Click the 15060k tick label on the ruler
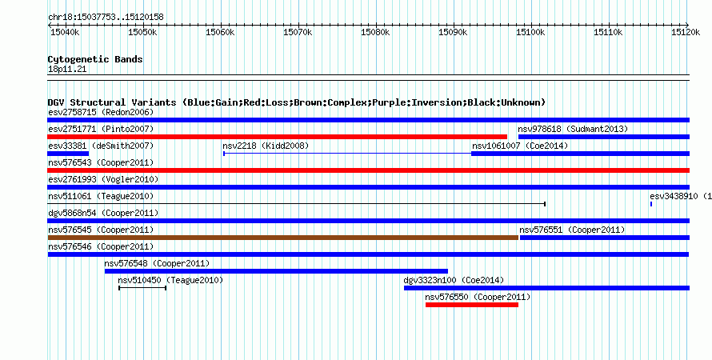(220, 33)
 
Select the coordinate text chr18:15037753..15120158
(106, 18)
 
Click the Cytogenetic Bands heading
(95, 59)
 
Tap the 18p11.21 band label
(67, 70)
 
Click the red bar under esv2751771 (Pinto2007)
(277, 137)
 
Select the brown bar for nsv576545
(283, 238)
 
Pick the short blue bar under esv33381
(68, 154)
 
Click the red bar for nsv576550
(472, 305)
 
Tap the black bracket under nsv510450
(142, 288)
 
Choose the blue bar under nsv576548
(276, 271)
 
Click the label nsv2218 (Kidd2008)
(266, 146)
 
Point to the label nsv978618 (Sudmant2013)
(573, 129)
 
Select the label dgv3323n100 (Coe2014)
(454, 280)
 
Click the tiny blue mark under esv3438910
(651, 204)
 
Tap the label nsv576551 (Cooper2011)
(572, 230)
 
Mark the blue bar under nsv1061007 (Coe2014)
(580, 154)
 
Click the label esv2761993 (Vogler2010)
(103, 180)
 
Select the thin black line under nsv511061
(297, 204)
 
